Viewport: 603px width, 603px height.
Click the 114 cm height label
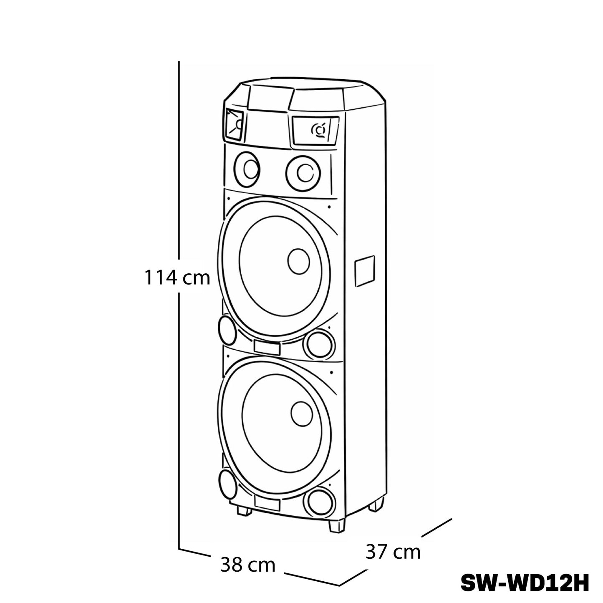pos(177,278)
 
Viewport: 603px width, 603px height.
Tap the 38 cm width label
pos(248,565)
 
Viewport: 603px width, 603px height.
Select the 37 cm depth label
pos(393,552)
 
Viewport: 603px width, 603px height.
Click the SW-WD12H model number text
pos(525,583)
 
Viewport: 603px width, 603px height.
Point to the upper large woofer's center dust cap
pos(298,262)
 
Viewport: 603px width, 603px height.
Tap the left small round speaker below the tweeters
pos(247,169)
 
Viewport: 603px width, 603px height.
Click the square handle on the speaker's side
pos(364,271)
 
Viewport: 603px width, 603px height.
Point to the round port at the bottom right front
pos(320,502)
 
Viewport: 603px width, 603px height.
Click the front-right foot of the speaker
pos(337,526)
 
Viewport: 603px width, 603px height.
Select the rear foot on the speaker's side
pos(376,505)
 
